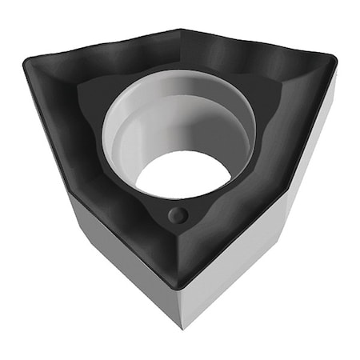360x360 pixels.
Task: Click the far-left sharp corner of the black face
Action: (25, 61)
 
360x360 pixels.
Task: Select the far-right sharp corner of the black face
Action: (335, 58)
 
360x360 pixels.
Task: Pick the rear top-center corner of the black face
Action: (182, 30)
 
